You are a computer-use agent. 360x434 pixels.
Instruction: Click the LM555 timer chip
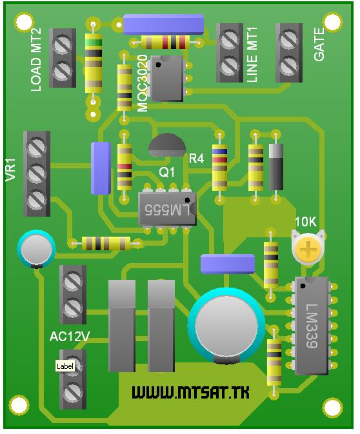coord(167,209)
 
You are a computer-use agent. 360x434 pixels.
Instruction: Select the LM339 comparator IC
coord(312,325)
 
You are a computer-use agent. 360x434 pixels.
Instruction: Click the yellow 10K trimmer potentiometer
coord(308,248)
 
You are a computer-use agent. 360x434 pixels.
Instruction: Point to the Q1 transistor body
coord(166,145)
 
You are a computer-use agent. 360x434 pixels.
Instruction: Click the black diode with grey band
coord(276,166)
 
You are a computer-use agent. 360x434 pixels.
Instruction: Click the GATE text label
coord(319,44)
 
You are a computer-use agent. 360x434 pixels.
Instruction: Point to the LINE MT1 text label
coord(252,55)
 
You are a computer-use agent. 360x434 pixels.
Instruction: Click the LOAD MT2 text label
coord(36,59)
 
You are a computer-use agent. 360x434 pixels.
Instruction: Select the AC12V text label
coord(70,337)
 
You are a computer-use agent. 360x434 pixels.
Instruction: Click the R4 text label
coord(196,159)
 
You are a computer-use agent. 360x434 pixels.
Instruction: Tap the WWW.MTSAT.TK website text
coord(190,393)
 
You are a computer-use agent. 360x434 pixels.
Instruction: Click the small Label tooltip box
coord(65,366)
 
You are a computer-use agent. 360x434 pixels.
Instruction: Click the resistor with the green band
coord(94,63)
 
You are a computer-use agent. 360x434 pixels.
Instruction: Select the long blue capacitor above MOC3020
coord(163,25)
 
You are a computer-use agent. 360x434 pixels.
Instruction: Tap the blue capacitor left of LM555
coord(101,168)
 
